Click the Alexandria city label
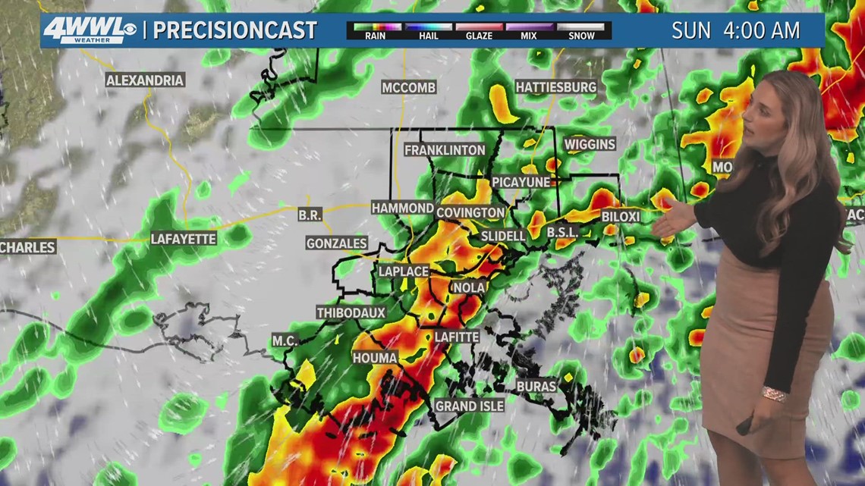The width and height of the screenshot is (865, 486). pyautogui.click(x=145, y=80)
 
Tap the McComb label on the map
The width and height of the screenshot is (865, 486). pyautogui.click(x=409, y=88)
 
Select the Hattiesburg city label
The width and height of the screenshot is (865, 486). pyautogui.click(x=556, y=87)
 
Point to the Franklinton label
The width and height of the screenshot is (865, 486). pyautogui.click(x=445, y=150)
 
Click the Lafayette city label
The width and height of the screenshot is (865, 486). pyautogui.click(x=184, y=239)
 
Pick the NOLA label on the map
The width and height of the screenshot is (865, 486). pyautogui.click(x=468, y=287)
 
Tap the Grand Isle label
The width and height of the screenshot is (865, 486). pyautogui.click(x=469, y=406)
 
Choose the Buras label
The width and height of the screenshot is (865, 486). pyautogui.click(x=536, y=386)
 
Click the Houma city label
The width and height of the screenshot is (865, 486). pyautogui.click(x=375, y=357)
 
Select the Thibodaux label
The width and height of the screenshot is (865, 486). pyautogui.click(x=351, y=312)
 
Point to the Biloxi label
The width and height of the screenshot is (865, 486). pyautogui.click(x=621, y=217)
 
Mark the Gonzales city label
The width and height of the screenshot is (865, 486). pyautogui.click(x=336, y=243)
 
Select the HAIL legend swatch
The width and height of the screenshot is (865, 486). pyautogui.click(x=427, y=27)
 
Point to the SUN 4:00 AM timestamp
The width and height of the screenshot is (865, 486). pyautogui.click(x=735, y=30)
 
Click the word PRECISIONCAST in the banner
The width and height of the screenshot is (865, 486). pyautogui.click(x=235, y=30)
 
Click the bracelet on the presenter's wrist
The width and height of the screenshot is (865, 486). pyautogui.click(x=775, y=395)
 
